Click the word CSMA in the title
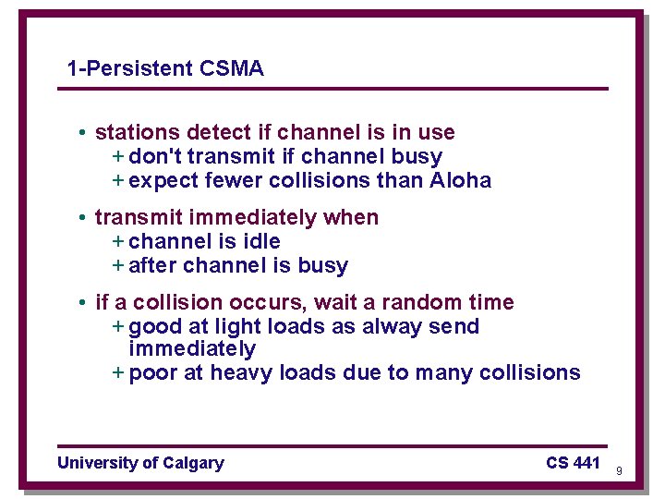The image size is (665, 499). pyautogui.click(x=232, y=68)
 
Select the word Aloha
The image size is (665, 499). pyautogui.click(x=461, y=180)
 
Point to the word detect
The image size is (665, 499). pyautogui.click(x=213, y=132)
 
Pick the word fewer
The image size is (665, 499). pyautogui.click(x=224, y=180)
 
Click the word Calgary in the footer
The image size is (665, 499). pyautogui.click(x=190, y=463)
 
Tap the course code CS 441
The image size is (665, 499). pyautogui.click(x=573, y=463)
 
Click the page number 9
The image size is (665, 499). pyautogui.click(x=618, y=471)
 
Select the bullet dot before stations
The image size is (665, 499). pyautogui.click(x=83, y=133)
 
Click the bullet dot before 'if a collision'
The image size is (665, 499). pyautogui.click(x=83, y=303)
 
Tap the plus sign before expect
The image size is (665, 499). pyautogui.click(x=118, y=181)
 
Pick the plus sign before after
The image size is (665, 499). pyautogui.click(x=118, y=266)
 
